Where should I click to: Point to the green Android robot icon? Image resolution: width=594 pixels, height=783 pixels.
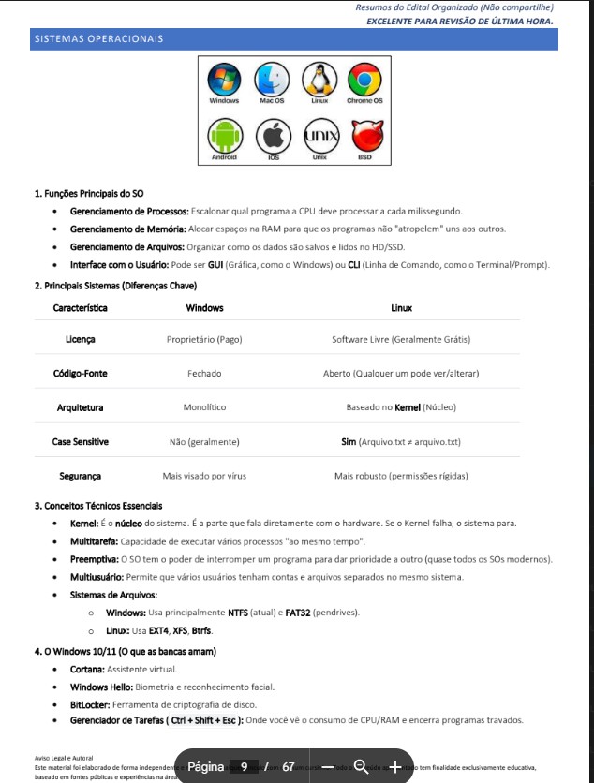click(224, 138)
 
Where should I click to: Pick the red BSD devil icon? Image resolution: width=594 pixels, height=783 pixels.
click(364, 138)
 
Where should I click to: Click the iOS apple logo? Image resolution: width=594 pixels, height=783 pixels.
click(273, 138)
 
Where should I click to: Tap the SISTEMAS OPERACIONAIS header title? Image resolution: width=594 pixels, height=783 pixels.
click(98, 38)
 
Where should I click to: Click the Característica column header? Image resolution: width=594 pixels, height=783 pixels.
click(80, 308)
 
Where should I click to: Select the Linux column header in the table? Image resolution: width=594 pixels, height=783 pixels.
click(401, 308)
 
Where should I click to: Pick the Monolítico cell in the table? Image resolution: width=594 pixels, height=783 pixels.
click(204, 407)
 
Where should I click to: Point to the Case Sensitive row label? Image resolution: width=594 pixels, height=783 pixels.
click(80, 441)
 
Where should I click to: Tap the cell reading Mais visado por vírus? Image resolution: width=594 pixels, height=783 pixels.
click(204, 476)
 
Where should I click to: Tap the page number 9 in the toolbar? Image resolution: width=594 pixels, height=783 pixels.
click(244, 767)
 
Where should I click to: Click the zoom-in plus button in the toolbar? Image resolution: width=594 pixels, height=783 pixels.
click(395, 767)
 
